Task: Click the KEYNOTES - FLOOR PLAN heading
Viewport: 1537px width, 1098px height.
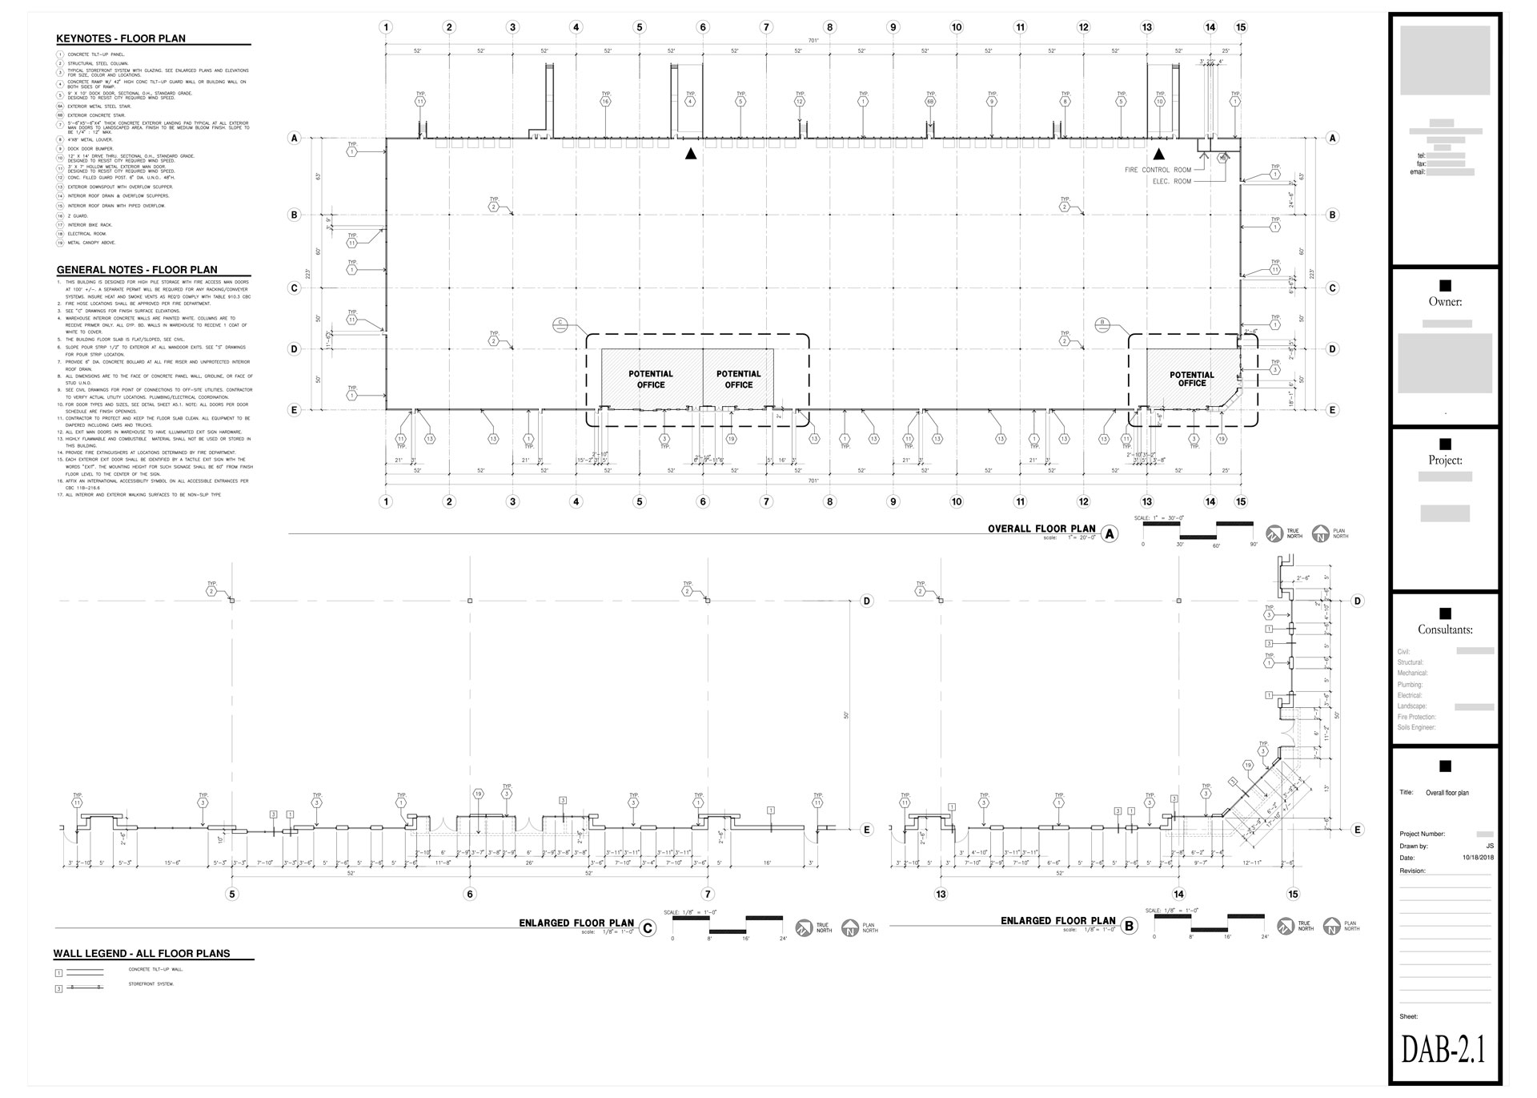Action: pos(121,38)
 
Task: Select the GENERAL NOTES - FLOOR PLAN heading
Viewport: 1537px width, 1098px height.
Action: pos(136,270)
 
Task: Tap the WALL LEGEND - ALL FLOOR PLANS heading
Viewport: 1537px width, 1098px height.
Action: pos(142,954)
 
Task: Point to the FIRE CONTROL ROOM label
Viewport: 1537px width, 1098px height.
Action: pos(1158,170)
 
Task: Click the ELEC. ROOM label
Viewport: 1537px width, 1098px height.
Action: pos(1171,182)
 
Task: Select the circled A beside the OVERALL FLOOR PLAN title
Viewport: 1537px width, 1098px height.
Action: pos(1110,534)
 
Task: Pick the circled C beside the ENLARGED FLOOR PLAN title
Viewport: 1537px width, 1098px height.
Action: pos(648,928)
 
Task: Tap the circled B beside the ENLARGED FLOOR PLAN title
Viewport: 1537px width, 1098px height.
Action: pos(1130,927)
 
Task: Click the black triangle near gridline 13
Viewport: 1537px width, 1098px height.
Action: pos(1158,154)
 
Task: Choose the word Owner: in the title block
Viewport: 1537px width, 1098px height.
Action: pos(1445,302)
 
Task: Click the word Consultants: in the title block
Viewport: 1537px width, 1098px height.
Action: pos(1445,629)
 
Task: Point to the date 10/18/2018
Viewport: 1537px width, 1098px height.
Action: pos(1478,858)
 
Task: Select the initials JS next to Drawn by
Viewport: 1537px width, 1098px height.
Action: pos(1489,846)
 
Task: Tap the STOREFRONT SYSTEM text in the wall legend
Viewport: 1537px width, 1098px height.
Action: pos(151,984)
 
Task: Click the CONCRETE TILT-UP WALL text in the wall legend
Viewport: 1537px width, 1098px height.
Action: pos(155,970)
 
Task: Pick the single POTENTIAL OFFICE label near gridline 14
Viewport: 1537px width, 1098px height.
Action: pos(1192,379)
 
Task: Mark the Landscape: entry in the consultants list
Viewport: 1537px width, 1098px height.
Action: pos(1412,706)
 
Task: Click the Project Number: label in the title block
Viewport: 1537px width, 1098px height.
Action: pos(1422,834)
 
